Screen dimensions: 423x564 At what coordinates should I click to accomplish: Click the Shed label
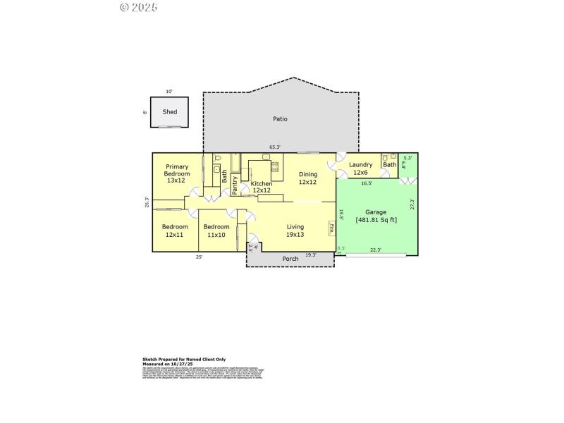[x=170, y=112]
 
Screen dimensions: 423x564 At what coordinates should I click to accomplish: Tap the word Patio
[x=280, y=119]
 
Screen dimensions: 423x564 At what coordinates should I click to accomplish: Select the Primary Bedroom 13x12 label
[x=177, y=173]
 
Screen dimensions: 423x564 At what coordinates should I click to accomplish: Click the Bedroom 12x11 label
[x=175, y=231]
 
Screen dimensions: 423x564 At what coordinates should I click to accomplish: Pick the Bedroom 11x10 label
[x=216, y=231]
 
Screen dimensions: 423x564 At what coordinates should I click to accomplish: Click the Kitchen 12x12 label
[x=262, y=187]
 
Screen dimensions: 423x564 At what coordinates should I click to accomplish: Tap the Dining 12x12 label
[x=308, y=178]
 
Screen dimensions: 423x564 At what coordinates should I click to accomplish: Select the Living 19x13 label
[x=295, y=231]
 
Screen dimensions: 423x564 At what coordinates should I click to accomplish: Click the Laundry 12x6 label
[x=360, y=168]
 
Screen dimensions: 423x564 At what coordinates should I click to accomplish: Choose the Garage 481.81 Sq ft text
[x=376, y=216]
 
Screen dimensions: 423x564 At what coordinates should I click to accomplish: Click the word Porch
[x=290, y=259]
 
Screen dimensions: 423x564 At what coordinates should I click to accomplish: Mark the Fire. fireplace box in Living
[x=331, y=228]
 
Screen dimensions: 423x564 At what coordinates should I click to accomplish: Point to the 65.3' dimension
[x=275, y=147]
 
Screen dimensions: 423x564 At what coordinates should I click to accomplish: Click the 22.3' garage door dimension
[x=375, y=250]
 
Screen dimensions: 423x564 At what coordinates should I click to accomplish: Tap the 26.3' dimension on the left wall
[x=147, y=202]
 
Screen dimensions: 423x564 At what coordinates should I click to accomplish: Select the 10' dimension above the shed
[x=168, y=92]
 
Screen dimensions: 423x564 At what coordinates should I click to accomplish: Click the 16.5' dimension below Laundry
[x=367, y=183]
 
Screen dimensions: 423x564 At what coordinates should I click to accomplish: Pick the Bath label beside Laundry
[x=389, y=165]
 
